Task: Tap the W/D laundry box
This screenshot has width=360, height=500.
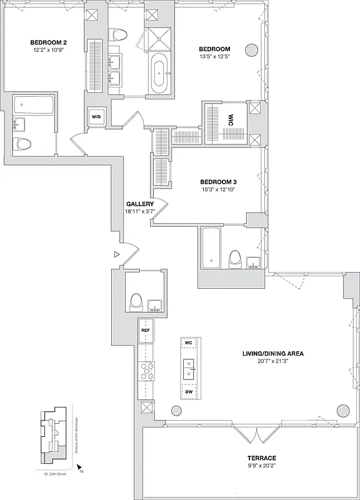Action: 97,117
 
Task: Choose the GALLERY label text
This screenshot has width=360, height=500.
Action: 140,204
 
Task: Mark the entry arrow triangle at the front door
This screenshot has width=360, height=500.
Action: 116,254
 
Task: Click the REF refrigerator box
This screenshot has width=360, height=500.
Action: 146,330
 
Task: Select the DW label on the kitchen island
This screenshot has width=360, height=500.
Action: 189,392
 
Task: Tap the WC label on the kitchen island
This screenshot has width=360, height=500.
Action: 189,343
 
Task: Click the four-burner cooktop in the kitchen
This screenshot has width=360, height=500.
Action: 146,372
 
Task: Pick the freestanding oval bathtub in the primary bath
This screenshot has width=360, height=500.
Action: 161,73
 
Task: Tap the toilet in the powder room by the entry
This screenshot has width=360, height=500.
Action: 136,303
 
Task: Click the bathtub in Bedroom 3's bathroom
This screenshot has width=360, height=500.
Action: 211,249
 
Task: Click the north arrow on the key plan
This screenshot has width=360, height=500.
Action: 79,467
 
